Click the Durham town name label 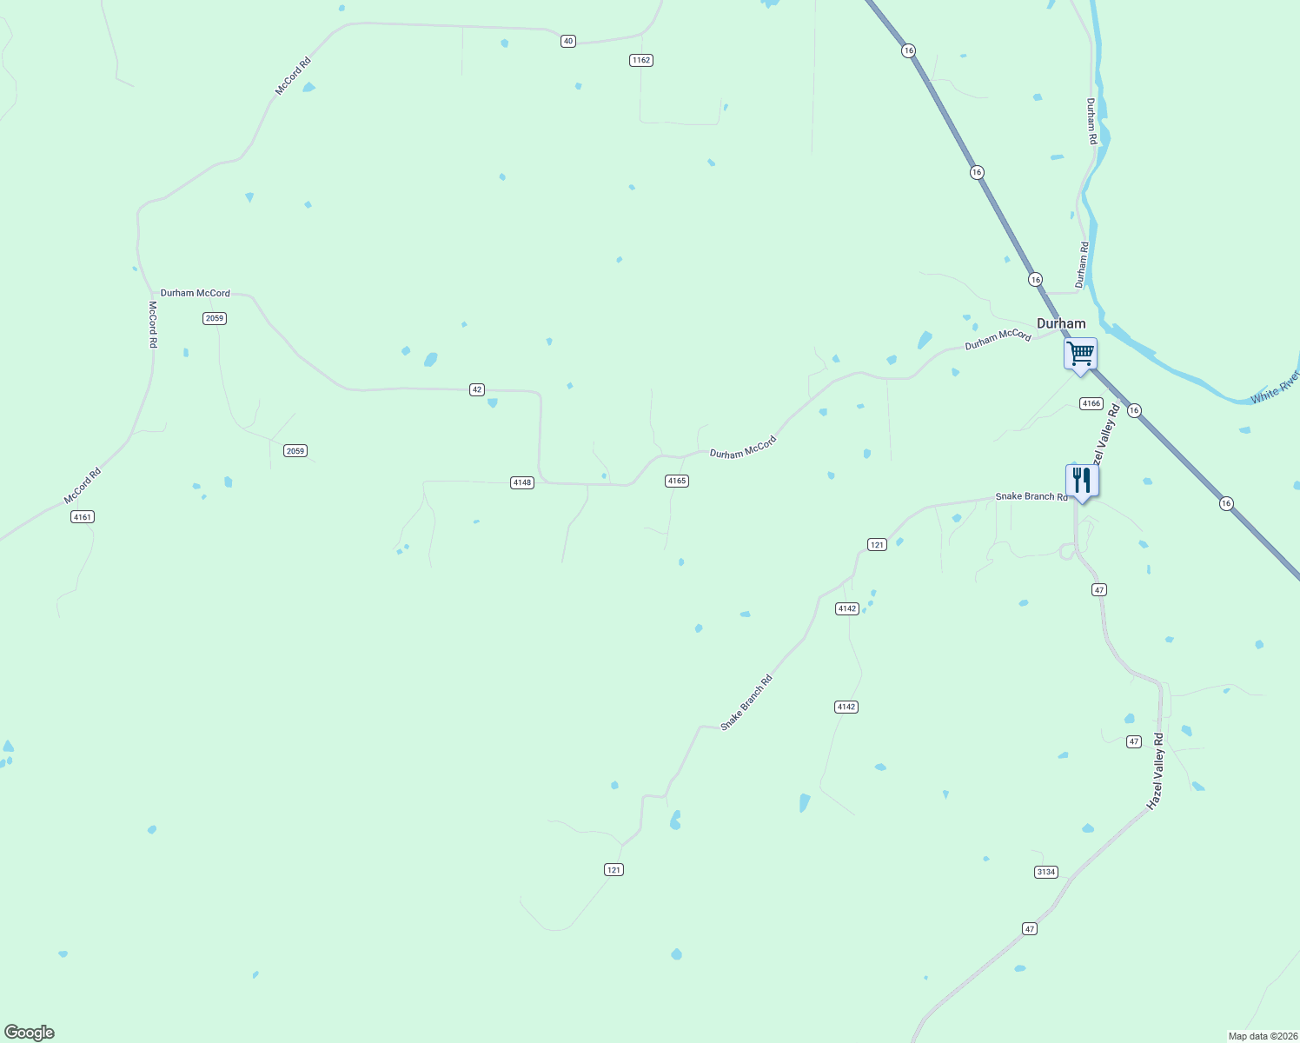pyautogui.click(x=1061, y=323)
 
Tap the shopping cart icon pyautogui.click(x=1080, y=354)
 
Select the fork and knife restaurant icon pyautogui.click(x=1081, y=481)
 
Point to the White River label pyautogui.click(x=1275, y=388)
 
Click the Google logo pyautogui.click(x=29, y=1033)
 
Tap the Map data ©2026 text pyautogui.click(x=1262, y=1036)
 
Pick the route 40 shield pyautogui.click(x=567, y=41)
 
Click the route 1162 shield pyautogui.click(x=641, y=60)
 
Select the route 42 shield pyautogui.click(x=476, y=389)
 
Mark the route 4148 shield pyautogui.click(x=521, y=482)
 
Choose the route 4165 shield pyautogui.click(x=677, y=481)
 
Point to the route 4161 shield pyautogui.click(x=82, y=517)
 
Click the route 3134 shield pyautogui.click(x=1046, y=872)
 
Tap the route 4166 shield pyautogui.click(x=1091, y=403)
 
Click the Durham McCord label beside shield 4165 pyautogui.click(x=742, y=448)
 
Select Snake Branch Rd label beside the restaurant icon pyautogui.click(x=1031, y=496)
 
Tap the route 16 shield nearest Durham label pyautogui.click(x=1035, y=279)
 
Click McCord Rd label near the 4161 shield pyautogui.click(x=83, y=486)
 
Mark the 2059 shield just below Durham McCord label pyautogui.click(x=215, y=318)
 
